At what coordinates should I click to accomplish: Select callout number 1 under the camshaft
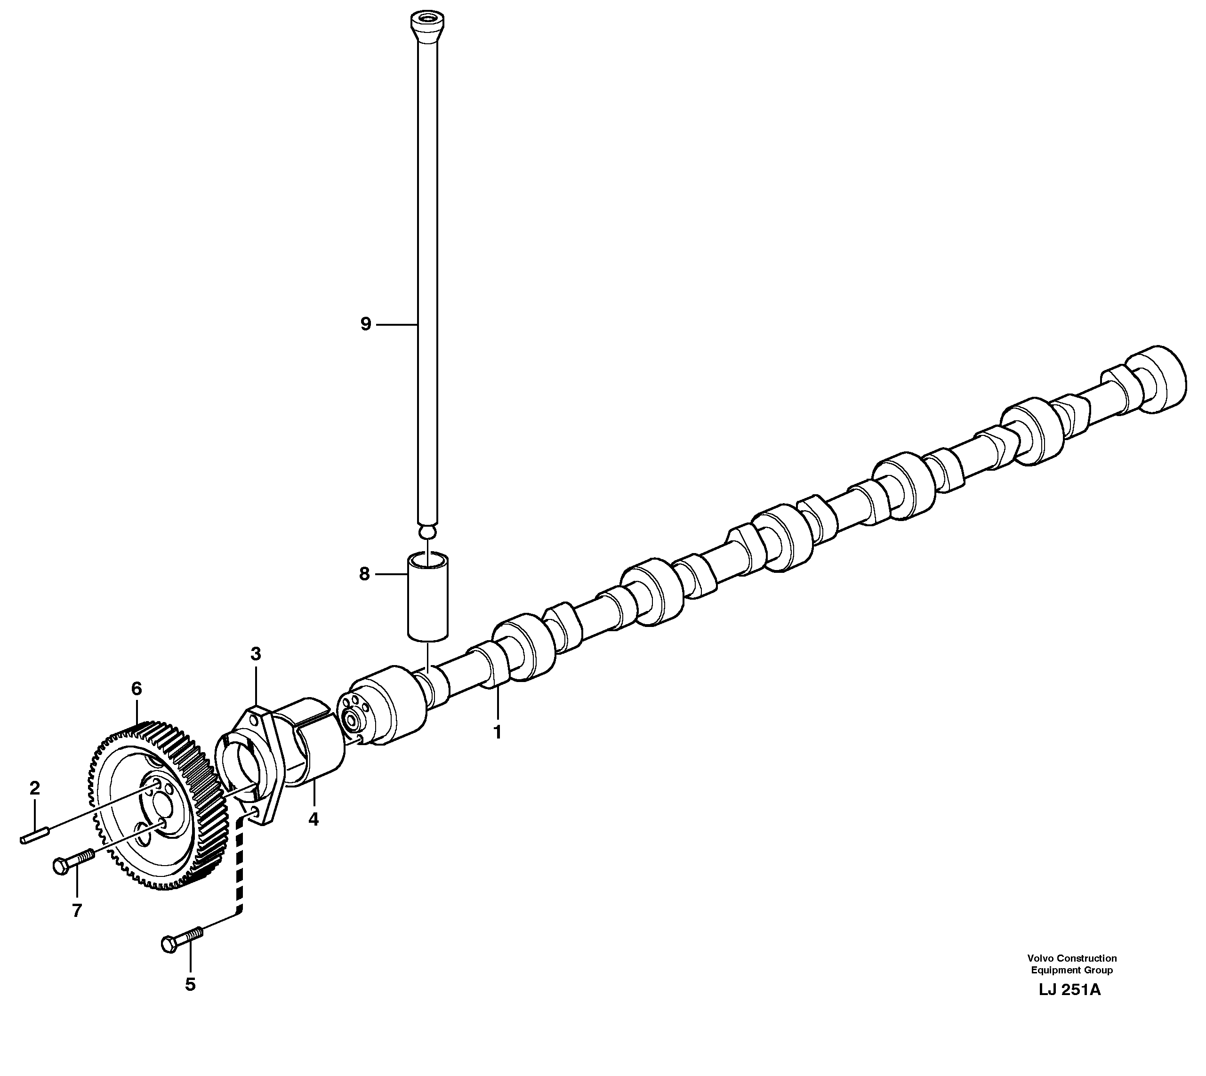[x=497, y=732]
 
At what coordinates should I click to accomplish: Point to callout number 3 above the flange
[x=256, y=654]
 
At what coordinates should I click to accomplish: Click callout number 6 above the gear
[x=137, y=688]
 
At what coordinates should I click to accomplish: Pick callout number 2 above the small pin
[x=34, y=787]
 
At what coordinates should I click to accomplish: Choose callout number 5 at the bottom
[x=190, y=984]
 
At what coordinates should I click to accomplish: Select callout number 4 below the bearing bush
[x=314, y=819]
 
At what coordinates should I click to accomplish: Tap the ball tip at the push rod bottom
[x=427, y=533]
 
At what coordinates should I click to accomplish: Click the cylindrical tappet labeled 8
[x=427, y=597]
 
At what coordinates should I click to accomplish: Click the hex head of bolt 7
[x=60, y=866]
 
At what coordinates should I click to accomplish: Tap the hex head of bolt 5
[x=169, y=944]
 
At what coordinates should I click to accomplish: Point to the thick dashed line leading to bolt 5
[x=240, y=863]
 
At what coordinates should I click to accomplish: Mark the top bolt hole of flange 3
[x=254, y=720]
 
